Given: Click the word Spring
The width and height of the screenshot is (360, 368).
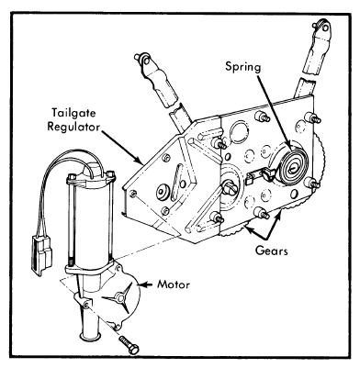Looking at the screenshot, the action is click(243, 67).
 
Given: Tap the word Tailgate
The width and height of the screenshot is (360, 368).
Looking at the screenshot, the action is click(73, 113).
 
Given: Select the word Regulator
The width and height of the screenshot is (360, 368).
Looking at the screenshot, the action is click(73, 127).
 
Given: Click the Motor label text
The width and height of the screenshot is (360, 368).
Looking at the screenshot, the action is click(174, 284).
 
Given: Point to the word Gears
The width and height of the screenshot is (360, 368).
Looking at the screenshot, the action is click(272, 251).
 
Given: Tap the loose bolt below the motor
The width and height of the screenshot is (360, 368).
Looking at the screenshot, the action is click(129, 344).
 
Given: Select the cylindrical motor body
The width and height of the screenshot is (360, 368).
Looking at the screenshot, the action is click(89, 222).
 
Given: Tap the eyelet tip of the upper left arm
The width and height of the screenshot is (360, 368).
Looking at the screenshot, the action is click(142, 61).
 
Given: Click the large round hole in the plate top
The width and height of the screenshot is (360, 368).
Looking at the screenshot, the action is click(241, 132).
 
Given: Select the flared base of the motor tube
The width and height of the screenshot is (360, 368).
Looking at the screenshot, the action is click(89, 336).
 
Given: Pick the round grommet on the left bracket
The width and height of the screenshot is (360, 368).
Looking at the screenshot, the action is click(163, 193).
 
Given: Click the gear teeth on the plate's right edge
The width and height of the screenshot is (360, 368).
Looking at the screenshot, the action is click(321, 159).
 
